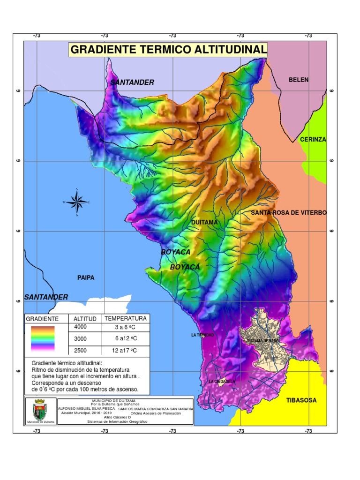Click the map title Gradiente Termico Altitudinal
(x=168, y=50)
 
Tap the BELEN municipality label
(x=299, y=80)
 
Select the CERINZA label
(x=313, y=140)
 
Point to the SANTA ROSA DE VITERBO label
(x=288, y=213)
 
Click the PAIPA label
(x=86, y=277)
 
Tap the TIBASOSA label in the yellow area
(x=301, y=400)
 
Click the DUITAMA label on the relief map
(x=204, y=222)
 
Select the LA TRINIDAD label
(x=202, y=335)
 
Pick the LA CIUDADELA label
(x=222, y=382)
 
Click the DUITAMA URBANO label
(x=262, y=341)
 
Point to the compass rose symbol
(x=76, y=202)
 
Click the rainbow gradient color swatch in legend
(x=43, y=338)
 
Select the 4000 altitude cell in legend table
(x=81, y=327)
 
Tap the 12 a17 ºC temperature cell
(x=125, y=350)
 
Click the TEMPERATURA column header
(x=125, y=318)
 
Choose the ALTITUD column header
(x=85, y=319)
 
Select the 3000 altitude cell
(x=81, y=338)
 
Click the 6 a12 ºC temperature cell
(x=125, y=338)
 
